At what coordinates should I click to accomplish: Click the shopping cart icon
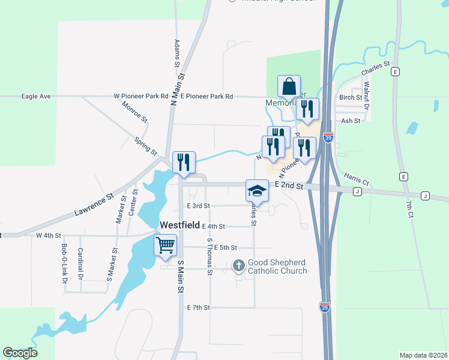point(165,245)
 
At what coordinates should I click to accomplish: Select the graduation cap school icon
point(257,190)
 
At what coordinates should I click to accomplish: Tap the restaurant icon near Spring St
point(184,162)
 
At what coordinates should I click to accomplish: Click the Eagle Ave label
point(35,96)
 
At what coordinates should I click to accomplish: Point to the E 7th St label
point(198,307)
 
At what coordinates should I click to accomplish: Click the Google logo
point(20,353)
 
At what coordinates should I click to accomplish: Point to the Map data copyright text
point(423,355)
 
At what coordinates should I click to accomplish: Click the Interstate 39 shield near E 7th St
point(324,306)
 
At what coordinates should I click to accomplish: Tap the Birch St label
point(351,97)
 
